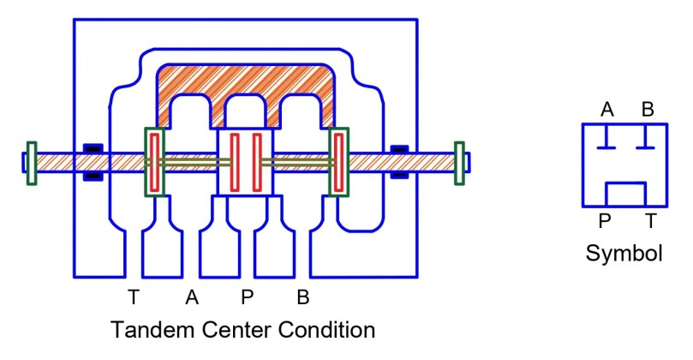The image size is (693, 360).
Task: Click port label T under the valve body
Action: click(133, 298)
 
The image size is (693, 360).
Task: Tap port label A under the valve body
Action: click(192, 298)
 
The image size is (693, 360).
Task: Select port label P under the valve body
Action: click(248, 298)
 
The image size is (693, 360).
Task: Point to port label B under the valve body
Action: click(302, 298)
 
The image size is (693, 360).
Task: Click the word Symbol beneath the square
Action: click(624, 253)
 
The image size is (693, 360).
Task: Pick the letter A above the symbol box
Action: click(606, 110)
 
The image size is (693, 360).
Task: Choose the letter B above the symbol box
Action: click(648, 110)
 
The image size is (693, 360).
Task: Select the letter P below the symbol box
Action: click(605, 222)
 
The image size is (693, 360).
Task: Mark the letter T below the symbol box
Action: click(650, 222)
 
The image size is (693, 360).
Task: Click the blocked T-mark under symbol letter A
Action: click(606, 140)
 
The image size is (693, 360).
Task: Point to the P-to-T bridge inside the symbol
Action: click(625, 184)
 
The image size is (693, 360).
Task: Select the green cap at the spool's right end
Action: click(459, 162)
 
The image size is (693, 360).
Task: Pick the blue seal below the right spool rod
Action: click(399, 176)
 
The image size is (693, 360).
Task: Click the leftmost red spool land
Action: click(154, 162)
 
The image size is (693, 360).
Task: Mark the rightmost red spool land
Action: click(339, 162)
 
